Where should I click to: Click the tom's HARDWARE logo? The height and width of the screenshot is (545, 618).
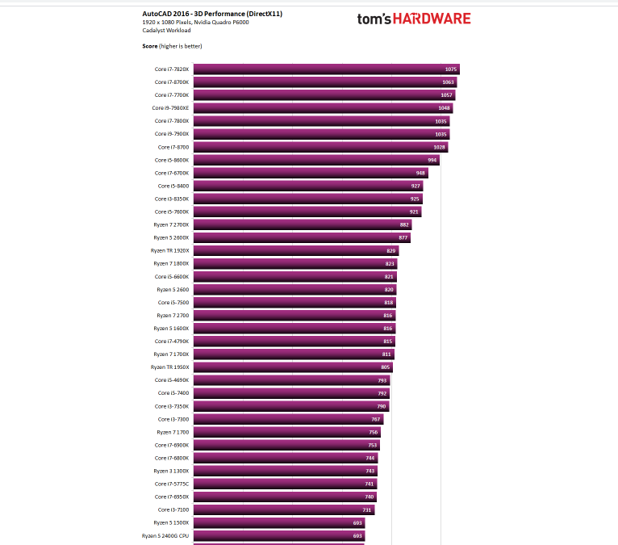414,19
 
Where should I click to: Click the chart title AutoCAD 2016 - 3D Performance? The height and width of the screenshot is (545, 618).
212,14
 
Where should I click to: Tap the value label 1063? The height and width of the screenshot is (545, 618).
449,82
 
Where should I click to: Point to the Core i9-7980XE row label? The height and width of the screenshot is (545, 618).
170,108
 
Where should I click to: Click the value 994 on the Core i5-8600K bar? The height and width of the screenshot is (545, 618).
432,160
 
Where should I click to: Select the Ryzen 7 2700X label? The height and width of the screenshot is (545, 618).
171,224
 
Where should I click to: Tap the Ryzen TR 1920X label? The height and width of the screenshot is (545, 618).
169,251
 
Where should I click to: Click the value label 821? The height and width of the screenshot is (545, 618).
389,277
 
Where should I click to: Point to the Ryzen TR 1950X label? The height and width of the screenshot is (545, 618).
169,367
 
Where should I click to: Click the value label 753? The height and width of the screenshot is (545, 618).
373,445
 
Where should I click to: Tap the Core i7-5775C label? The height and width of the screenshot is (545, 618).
172,484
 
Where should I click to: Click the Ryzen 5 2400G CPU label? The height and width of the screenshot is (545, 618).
165,535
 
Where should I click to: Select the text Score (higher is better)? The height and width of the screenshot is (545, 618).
172,46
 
